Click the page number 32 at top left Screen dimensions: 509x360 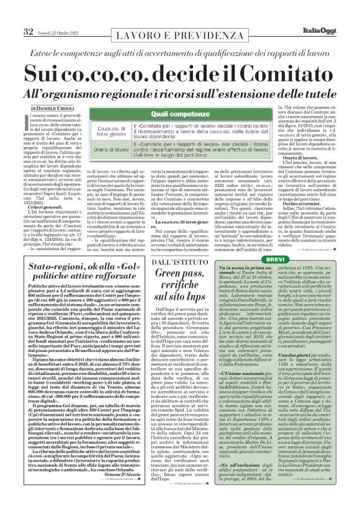pyautogui.click(x=11, y=14)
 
